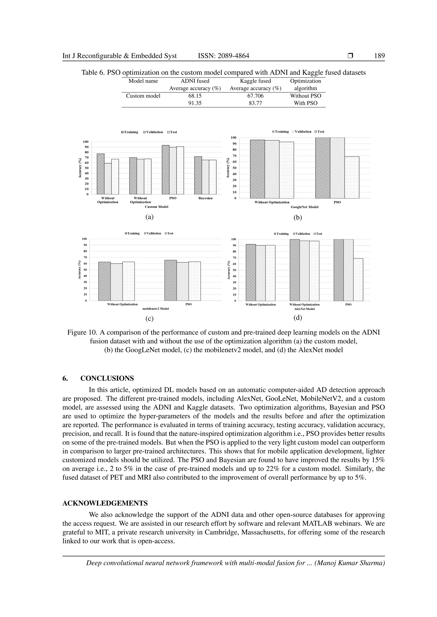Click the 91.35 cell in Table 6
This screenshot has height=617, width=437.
click(x=195, y=103)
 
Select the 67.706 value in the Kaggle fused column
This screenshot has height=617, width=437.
click(x=255, y=96)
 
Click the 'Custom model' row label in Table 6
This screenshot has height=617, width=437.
click(x=143, y=96)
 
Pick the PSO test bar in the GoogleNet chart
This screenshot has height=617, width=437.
click(x=352, y=177)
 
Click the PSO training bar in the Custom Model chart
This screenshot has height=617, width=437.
click(x=166, y=170)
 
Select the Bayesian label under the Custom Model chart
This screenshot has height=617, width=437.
click(x=205, y=198)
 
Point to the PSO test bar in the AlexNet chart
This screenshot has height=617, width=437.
click(x=358, y=280)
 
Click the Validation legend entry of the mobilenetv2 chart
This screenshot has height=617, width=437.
click(x=153, y=233)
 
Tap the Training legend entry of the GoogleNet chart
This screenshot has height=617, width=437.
click(x=280, y=132)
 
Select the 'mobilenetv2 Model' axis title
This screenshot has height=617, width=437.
click(x=156, y=309)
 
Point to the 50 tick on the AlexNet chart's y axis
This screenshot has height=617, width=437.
click(x=234, y=270)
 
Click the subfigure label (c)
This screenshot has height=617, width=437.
click(x=149, y=319)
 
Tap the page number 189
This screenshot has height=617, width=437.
click(x=379, y=56)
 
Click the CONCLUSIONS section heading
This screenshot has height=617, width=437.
click(x=107, y=378)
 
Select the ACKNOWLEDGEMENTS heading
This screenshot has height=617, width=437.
click(x=105, y=503)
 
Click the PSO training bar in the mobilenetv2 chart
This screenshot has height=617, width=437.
click(x=171, y=280)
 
